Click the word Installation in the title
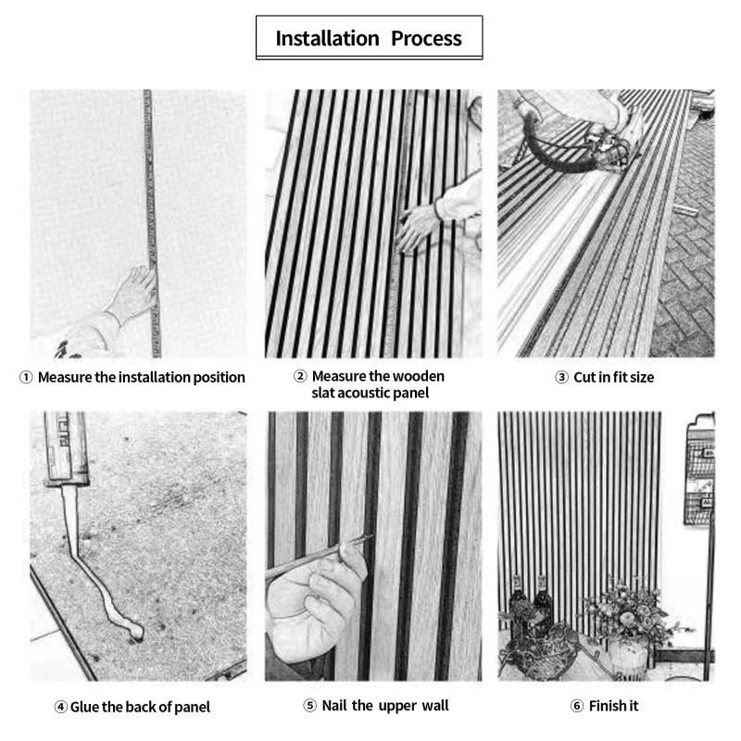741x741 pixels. click(328, 39)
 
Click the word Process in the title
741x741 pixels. click(425, 39)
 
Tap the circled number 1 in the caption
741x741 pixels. click(26, 378)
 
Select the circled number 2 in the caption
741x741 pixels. click(300, 377)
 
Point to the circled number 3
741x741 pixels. click(561, 378)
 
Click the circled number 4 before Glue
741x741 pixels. click(61, 708)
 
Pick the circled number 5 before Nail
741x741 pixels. click(310, 707)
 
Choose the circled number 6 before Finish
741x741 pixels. click(577, 707)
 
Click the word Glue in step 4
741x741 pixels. click(85, 708)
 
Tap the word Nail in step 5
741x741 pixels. click(337, 707)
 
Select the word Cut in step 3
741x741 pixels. click(584, 378)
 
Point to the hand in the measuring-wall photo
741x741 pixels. click(130, 296)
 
